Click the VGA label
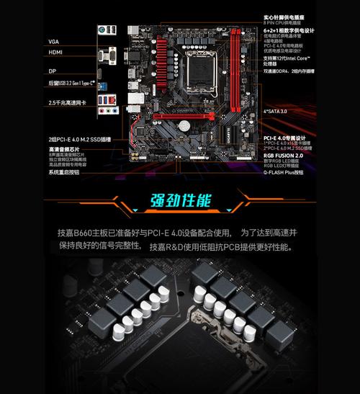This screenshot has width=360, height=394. pyautogui.click(x=54, y=41)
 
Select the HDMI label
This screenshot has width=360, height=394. pyautogui.click(x=55, y=53)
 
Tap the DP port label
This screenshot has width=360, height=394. pyautogui.click(x=52, y=71)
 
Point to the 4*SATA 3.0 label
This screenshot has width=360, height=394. pyautogui.click(x=275, y=112)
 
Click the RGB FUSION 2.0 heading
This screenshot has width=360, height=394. pyautogui.click(x=283, y=154)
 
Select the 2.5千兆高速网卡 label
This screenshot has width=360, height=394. pyautogui.click(x=67, y=102)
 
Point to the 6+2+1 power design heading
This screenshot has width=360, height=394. pyautogui.click(x=289, y=30)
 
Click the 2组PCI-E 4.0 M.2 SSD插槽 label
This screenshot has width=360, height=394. pyautogui.click(x=79, y=138)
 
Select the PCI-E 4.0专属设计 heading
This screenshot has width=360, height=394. pyautogui.click(x=285, y=137)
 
